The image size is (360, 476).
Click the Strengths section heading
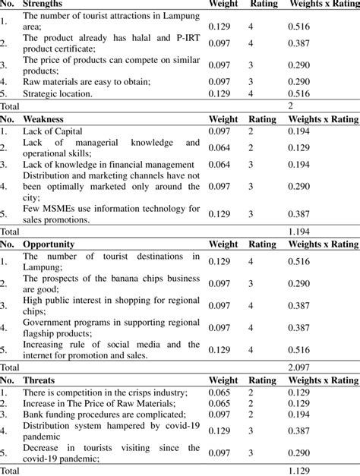click(43, 5)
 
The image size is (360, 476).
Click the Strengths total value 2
click(290, 107)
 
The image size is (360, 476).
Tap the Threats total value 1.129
click(301, 470)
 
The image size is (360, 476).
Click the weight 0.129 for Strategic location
click(221, 94)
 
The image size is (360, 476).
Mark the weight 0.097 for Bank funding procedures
click(221, 416)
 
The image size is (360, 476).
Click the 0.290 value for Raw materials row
click(301, 81)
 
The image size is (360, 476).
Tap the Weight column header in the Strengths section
click(223, 5)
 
